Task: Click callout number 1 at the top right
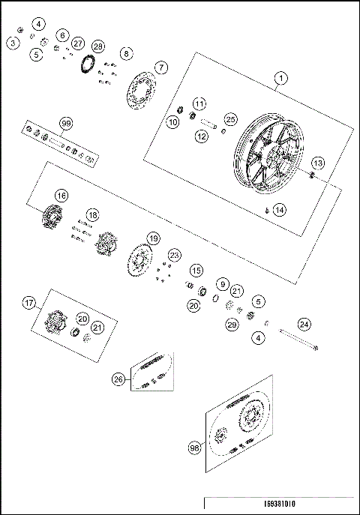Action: coord(280,78)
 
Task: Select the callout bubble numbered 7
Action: coord(161,67)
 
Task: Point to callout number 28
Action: coord(98,46)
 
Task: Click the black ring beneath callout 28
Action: coord(87,65)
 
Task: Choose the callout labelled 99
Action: coord(65,123)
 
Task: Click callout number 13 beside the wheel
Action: coord(318,163)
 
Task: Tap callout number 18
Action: coord(93,214)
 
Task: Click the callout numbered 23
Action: coord(174,255)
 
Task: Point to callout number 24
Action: coord(304,324)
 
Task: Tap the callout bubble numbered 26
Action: coord(118,379)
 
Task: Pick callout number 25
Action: coord(230,118)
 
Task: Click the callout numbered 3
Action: coord(13,43)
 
